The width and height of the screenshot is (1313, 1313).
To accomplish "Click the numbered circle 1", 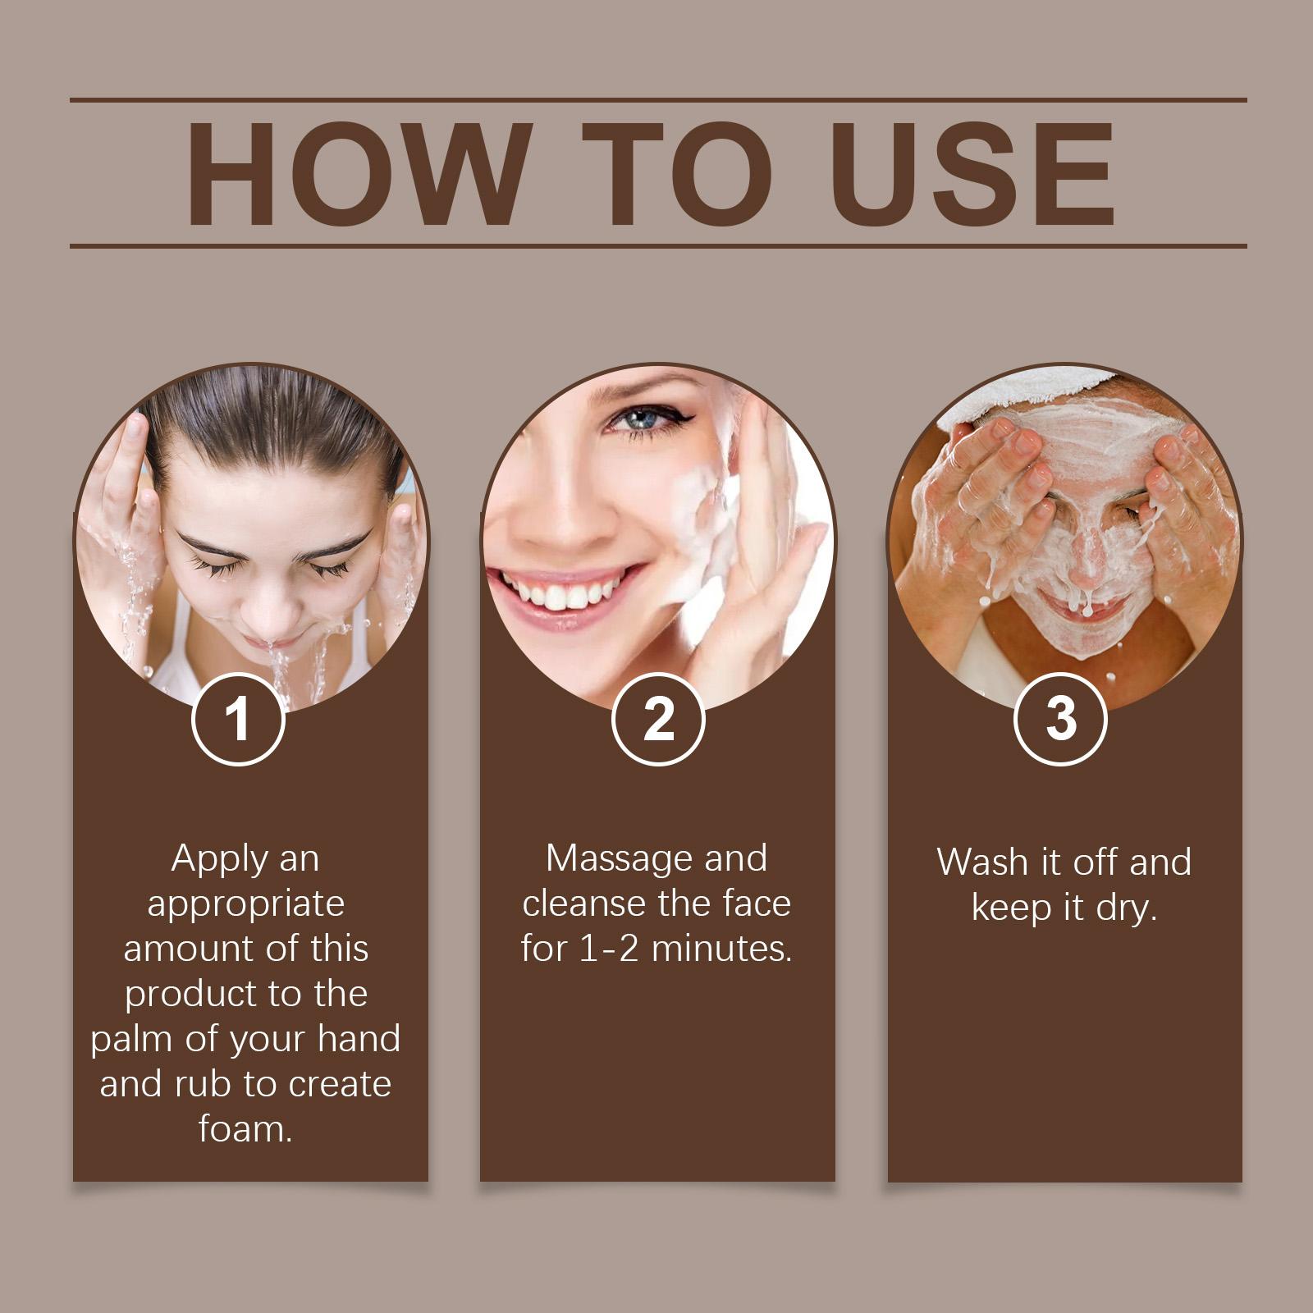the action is click(238, 718).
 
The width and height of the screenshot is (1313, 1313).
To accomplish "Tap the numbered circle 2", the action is click(658, 718).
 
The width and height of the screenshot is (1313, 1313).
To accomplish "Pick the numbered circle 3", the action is click(1060, 718).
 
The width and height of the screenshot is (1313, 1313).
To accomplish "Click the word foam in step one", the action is click(245, 1129).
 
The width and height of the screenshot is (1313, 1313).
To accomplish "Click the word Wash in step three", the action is click(982, 862).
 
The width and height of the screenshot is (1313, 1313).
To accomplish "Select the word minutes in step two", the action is click(721, 949).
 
